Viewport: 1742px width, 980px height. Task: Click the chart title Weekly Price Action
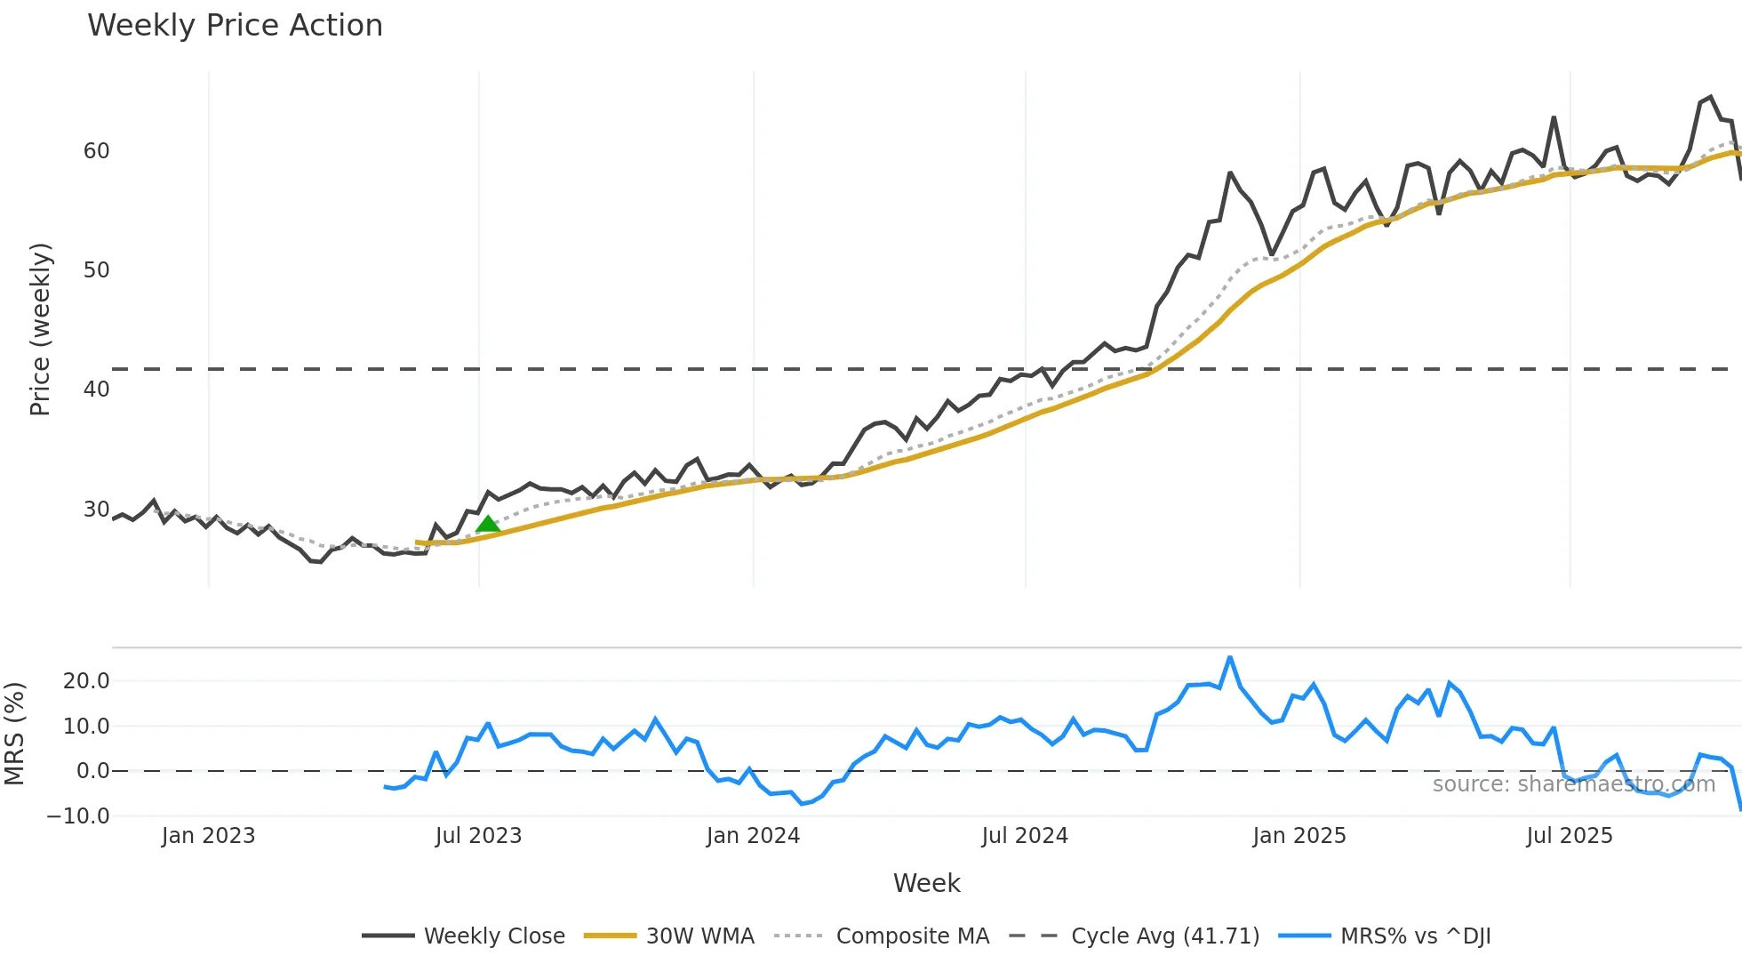(235, 26)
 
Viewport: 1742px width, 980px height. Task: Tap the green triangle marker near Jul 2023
(488, 525)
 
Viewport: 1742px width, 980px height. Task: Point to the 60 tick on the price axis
(96, 151)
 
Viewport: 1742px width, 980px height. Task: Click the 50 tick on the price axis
(96, 270)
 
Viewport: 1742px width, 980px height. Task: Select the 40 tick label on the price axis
(96, 390)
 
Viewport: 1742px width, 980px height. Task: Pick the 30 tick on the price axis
(96, 510)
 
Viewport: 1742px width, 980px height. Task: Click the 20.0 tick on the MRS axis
(86, 681)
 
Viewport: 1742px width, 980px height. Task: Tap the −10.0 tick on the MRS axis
(78, 815)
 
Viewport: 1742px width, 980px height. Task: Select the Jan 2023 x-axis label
(208, 836)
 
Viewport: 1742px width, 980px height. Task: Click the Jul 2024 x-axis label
(1025, 836)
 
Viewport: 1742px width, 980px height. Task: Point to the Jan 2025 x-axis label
(1299, 836)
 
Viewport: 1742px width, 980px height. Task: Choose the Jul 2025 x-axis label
(1570, 836)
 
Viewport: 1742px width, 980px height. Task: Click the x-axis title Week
(926, 883)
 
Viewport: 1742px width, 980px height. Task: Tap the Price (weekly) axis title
(40, 329)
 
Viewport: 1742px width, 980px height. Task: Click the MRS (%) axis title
(14, 734)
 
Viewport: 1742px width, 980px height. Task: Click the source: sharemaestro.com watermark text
(1573, 784)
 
